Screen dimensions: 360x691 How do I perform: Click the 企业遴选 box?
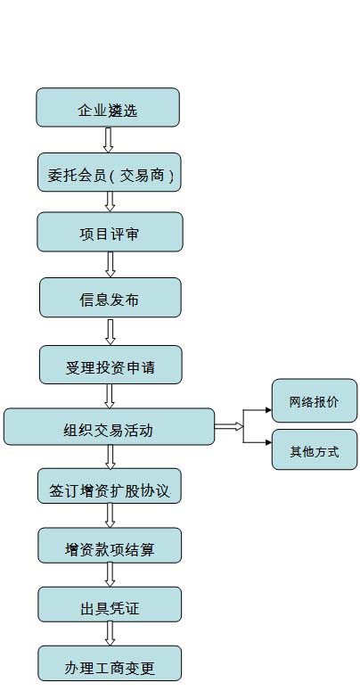(108, 108)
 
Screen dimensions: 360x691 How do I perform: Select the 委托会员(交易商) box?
(110, 172)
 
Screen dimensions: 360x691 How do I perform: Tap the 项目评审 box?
(110, 232)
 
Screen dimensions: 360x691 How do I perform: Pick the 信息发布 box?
(110, 298)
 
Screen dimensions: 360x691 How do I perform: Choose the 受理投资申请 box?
(110, 365)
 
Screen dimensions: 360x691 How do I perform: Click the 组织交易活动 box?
(110, 426)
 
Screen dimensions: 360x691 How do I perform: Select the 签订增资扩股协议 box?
(110, 486)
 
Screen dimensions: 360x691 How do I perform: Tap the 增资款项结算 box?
(110, 546)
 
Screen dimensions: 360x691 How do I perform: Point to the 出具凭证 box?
(110, 605)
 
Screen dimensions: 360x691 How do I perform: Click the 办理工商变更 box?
(110, 663)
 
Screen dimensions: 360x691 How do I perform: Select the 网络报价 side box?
(315, 400)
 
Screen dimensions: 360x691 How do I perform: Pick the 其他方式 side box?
(315, 449)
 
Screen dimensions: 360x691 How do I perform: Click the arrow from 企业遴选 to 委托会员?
(109, 140)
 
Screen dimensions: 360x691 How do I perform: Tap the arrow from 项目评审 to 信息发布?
(110, 265)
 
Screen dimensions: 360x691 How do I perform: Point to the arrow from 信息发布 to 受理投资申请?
(110, 332)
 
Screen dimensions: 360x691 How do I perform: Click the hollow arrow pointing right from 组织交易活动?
(229, 426)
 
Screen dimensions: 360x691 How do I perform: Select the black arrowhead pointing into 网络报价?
(268, 410)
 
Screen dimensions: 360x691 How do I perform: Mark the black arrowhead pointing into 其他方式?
(268, 442)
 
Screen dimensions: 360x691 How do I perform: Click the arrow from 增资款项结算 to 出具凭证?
(110, 575)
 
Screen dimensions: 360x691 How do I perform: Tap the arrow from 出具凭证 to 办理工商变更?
(110, 634)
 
